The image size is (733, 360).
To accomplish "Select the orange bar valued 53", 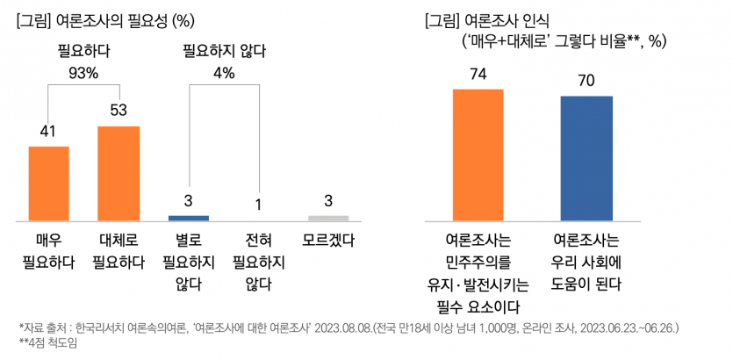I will pyautogui.click(x=119, y=173).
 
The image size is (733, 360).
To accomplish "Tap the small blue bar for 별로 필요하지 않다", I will pyautogui.click(x=189, y=217).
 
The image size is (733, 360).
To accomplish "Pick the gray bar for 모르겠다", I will pyautogui.click(x=328, y=217).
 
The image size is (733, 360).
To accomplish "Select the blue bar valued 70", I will pyautogui.click(x=586, y=158).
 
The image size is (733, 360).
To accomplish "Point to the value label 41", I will pyautogui.click(x=49, y=133).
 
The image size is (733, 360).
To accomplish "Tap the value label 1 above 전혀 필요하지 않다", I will pyautogui.click(x=258, y=205).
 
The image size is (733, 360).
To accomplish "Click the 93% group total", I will pyautogui.click(x=83, y=73).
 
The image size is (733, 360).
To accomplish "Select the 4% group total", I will pyautogui.click(x=224, y=73).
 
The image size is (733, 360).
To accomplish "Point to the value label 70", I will pyautogui.click(x=586, y=81).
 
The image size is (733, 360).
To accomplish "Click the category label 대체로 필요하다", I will pyautogui.click(x=119, y=249).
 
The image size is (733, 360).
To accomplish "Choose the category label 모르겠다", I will pyautogui.click(x=328, y=239).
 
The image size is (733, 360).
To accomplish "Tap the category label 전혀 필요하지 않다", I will pyautogui.click(x=258, y=261).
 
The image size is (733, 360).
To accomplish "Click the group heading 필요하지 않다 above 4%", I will pyautogui.click(x=224, y=51).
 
